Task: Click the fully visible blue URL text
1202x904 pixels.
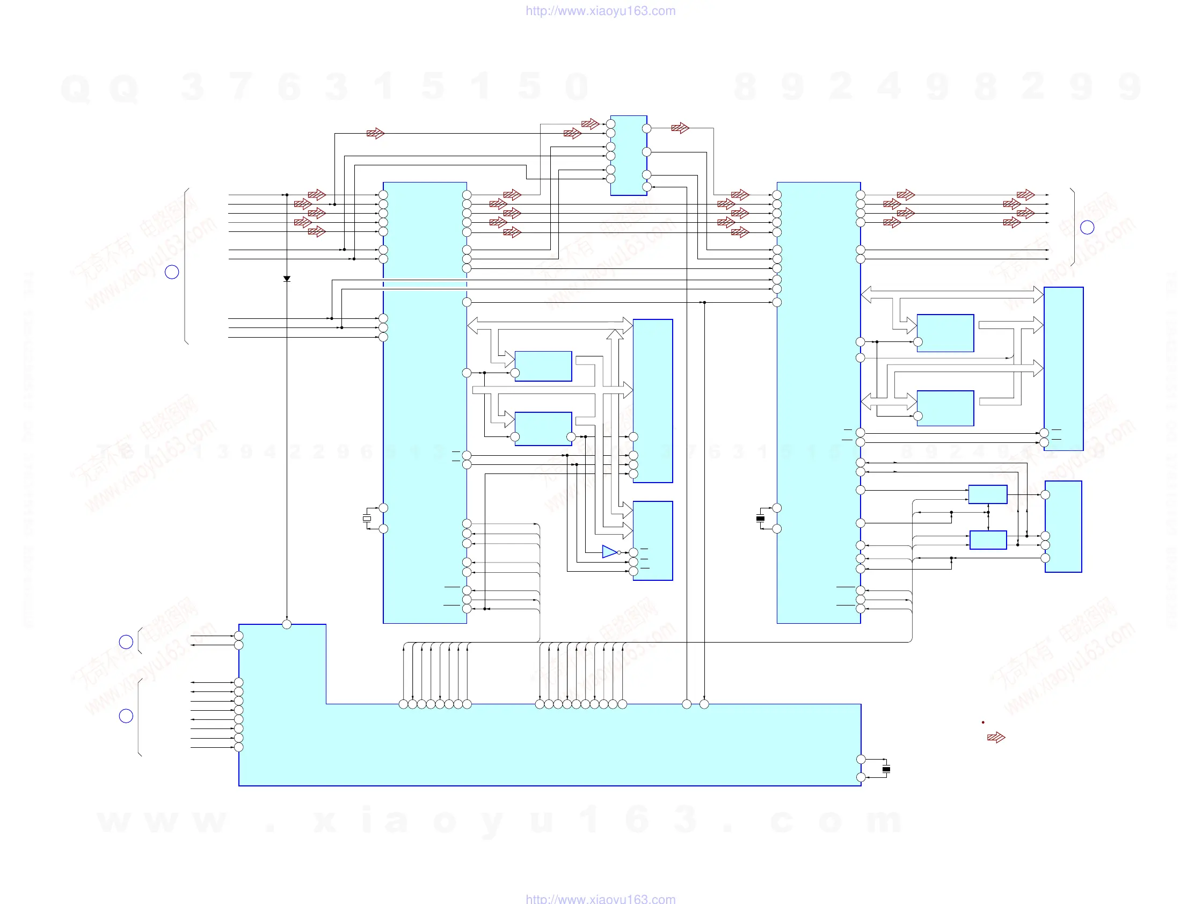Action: pos(600,11)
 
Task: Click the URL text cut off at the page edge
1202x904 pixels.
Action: pos(600,899)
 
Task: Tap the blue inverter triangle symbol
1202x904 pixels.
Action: pos(609,552)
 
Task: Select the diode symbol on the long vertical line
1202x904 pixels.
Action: pos(287,279)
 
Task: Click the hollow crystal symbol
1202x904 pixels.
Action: pos(367,518)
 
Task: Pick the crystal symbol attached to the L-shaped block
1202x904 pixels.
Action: pos(886,769)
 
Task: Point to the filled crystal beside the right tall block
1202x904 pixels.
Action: pos(760,518)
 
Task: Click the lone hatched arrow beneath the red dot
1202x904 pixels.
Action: pos(996,737)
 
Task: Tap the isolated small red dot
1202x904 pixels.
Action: pos(983,722)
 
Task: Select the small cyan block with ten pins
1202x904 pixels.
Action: pos(629,155)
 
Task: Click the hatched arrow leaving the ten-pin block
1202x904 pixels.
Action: pos(680,128)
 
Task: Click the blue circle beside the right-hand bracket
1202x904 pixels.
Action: pos(1087,227)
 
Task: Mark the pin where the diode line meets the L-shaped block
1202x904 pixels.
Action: pos(287,624)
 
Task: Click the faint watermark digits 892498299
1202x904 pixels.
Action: pos(937,87)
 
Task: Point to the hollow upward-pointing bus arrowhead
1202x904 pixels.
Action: pos(615,334)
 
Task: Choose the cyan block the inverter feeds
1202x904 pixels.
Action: pos(653,541)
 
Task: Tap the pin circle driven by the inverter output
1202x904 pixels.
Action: pos(633,552)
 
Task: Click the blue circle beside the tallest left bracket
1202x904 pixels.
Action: pos(172,272)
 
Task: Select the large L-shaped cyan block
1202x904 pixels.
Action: pos(549,744)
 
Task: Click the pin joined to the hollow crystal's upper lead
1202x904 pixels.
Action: pos(384,508)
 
